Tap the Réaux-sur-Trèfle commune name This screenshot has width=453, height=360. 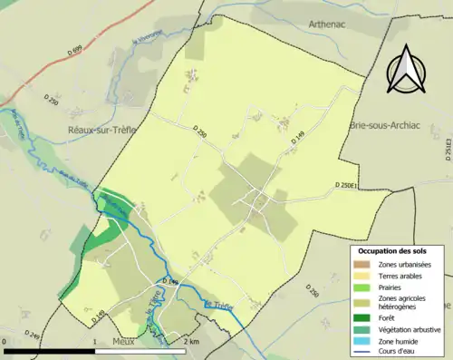point(101,131)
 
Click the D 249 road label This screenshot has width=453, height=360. point(34,335)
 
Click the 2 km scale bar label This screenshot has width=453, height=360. point(190,342)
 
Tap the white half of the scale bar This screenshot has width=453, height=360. point(143,351)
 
